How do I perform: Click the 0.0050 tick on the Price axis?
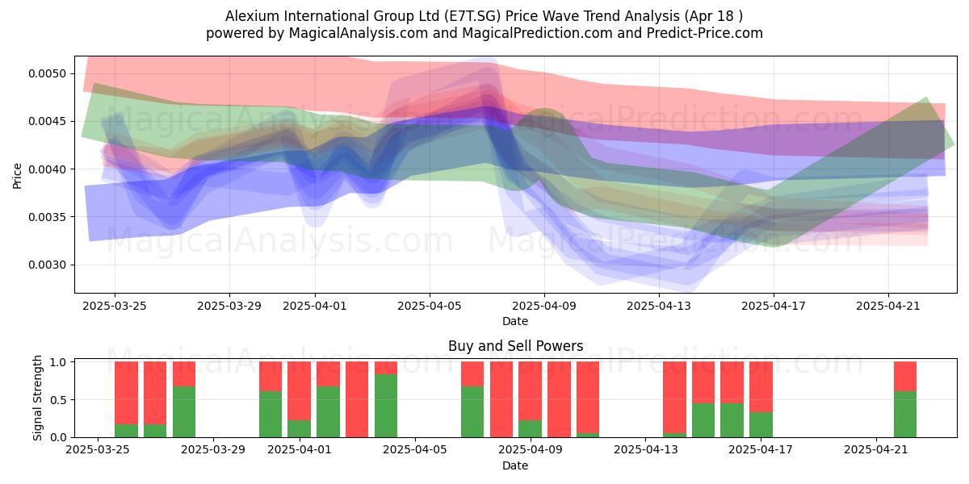pyautogui.click(x=48, y=73)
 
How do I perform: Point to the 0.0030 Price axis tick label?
pyautogui.click(x=48, y=265)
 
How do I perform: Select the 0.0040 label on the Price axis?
pyautogui.click(x=48, y=169)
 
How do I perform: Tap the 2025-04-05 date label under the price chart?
pyautogui.click(x=430, y=306)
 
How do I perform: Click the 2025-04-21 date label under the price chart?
pyautogui.click(x=888, y=306)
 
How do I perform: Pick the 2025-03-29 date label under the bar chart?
pyautogui.click(x=213, y=449)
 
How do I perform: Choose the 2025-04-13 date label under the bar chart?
pyautogui.click(x=646, y=449)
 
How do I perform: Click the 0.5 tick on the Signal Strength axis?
pyautogui.click(x=58, y=400)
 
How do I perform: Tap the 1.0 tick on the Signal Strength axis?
pyautogui.click(x=58, y=362)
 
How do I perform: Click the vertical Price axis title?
pyautogui.click(x=17, y=176)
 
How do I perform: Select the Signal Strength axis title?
pyautogui.click(x=38, y=398)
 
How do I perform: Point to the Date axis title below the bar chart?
pyautogui.click(x=515, y=465)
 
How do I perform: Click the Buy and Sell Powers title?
pyautogui.click(x=516, y=346)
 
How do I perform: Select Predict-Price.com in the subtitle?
pyautogui.click(x=705, y=33)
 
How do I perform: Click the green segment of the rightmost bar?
pyautogui.click(x=905, y=415)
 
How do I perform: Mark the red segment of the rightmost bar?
pyautogui.click(x=905, y=377)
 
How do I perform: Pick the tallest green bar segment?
pyautogui.click(x=386, y=406)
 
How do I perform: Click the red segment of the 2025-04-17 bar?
pyautogui.click(x=761, y=386)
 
